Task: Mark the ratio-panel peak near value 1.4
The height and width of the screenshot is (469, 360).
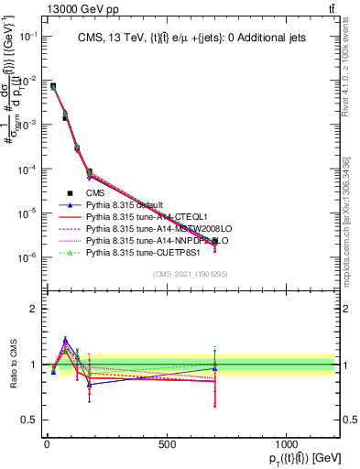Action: click(x=65, y=340)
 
